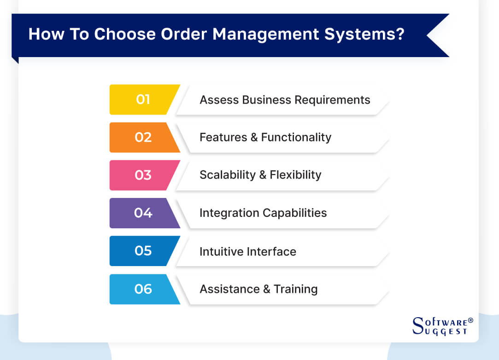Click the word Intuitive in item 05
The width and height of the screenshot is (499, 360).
[219, 251]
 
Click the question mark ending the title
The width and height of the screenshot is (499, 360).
[399, 35]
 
